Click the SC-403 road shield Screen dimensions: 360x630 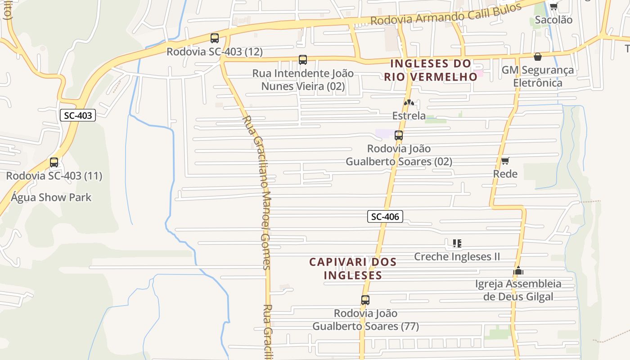[x=78, y=115]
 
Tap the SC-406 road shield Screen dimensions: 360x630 [x=385, y=216]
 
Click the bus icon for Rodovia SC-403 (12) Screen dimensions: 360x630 [x=215, y=38]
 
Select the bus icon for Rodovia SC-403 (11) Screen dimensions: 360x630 [x=54, y=162]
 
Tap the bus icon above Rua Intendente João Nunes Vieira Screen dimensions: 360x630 [x=303, y=60]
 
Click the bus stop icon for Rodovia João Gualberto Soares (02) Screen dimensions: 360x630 [x=398, y=135]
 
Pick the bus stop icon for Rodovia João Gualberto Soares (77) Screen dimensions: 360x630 [x=365, y=300]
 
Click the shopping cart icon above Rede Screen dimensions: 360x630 [x=505, y=161]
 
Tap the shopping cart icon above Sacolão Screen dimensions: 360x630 [x=553, y=6]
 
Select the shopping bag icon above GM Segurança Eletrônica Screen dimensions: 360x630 [x=537, y=57]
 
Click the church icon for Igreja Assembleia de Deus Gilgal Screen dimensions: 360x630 [x=518, y=270]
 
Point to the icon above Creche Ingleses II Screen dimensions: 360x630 [x=457, y=243]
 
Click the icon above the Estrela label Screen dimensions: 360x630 [x=409, y=103]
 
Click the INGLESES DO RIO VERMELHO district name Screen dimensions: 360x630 [x=430, y=70]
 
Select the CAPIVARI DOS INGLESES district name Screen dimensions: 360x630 [x=353, y=268]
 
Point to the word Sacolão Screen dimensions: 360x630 [x=553, y=20]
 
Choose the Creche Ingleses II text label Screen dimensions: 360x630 [x=457, y=256]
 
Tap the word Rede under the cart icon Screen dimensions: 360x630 [x=505, y=174]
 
